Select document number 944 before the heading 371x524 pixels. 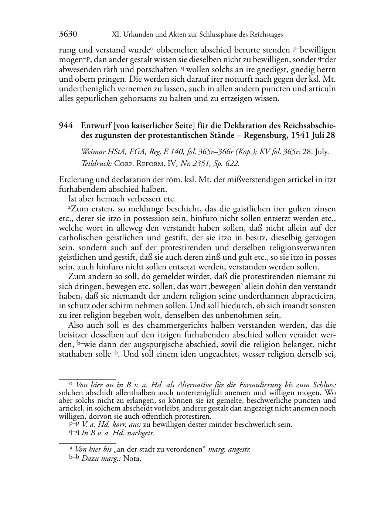65,125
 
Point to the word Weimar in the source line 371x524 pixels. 92,152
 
